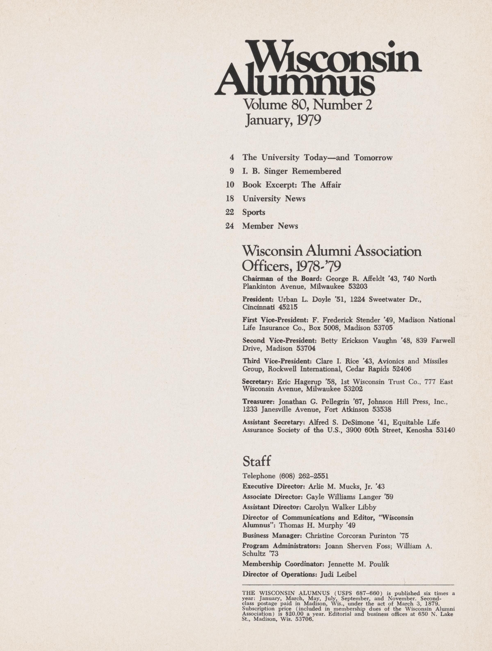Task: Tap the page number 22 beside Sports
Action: (x=230, y=212)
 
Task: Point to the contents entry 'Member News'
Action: (x=270, y=226)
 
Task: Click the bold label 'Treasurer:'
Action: (x=258, y=402)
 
